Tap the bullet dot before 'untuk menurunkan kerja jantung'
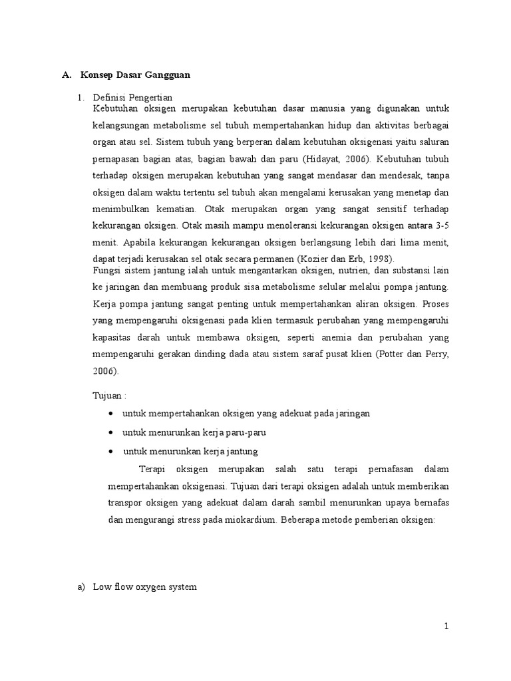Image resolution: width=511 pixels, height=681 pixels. pos(110,452)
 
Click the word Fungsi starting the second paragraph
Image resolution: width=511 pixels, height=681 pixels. pos(108,271)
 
